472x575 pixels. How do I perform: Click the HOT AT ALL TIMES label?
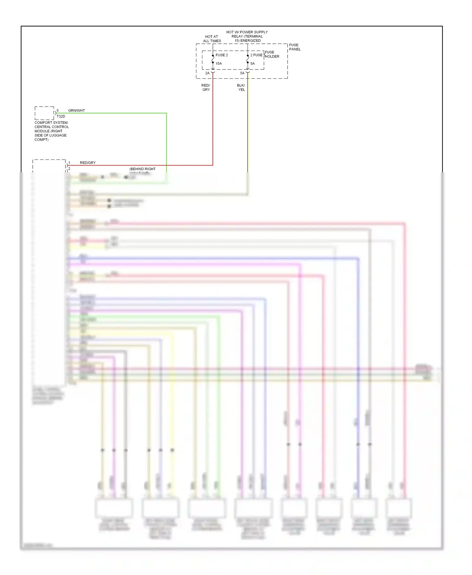click(212, 39)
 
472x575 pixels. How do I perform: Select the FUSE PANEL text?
click(295, 47)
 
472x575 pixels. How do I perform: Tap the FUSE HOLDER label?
click(272, 54)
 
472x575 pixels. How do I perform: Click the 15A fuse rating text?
click(219, 64)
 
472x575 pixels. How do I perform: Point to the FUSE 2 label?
click(222, 55)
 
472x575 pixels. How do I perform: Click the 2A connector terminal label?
click(207, 73)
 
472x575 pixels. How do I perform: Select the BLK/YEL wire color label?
click(241, 87)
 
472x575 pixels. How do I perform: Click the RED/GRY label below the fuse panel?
click(206, 87)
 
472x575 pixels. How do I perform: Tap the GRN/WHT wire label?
click(76, 110)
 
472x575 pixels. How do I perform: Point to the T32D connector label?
click(61, 116)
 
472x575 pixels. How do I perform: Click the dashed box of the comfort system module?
click(44, 113)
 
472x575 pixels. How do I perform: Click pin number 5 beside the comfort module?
click(58, 110)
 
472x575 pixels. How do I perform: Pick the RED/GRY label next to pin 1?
click(87, 163)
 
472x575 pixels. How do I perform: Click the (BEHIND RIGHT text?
click(142, 169)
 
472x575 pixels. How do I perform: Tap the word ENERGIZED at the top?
click(250, 41)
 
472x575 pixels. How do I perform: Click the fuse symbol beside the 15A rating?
click(213, 59)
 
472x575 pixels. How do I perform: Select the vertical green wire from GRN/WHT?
click(166, 142)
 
